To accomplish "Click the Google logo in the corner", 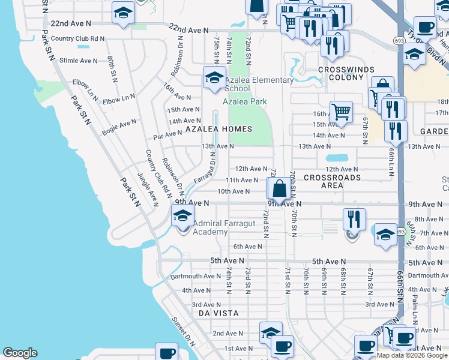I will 20,353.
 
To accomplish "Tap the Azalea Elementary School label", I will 259,84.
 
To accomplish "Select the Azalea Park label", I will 245,102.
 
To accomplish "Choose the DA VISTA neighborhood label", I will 219,313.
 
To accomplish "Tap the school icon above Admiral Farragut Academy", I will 182,215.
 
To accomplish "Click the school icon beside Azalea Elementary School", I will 214,77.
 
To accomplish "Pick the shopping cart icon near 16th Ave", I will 341,111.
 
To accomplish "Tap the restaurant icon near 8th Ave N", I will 354,218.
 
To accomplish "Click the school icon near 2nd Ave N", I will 271,332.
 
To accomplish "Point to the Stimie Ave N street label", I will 78,61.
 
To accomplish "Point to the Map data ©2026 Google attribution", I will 412,355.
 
